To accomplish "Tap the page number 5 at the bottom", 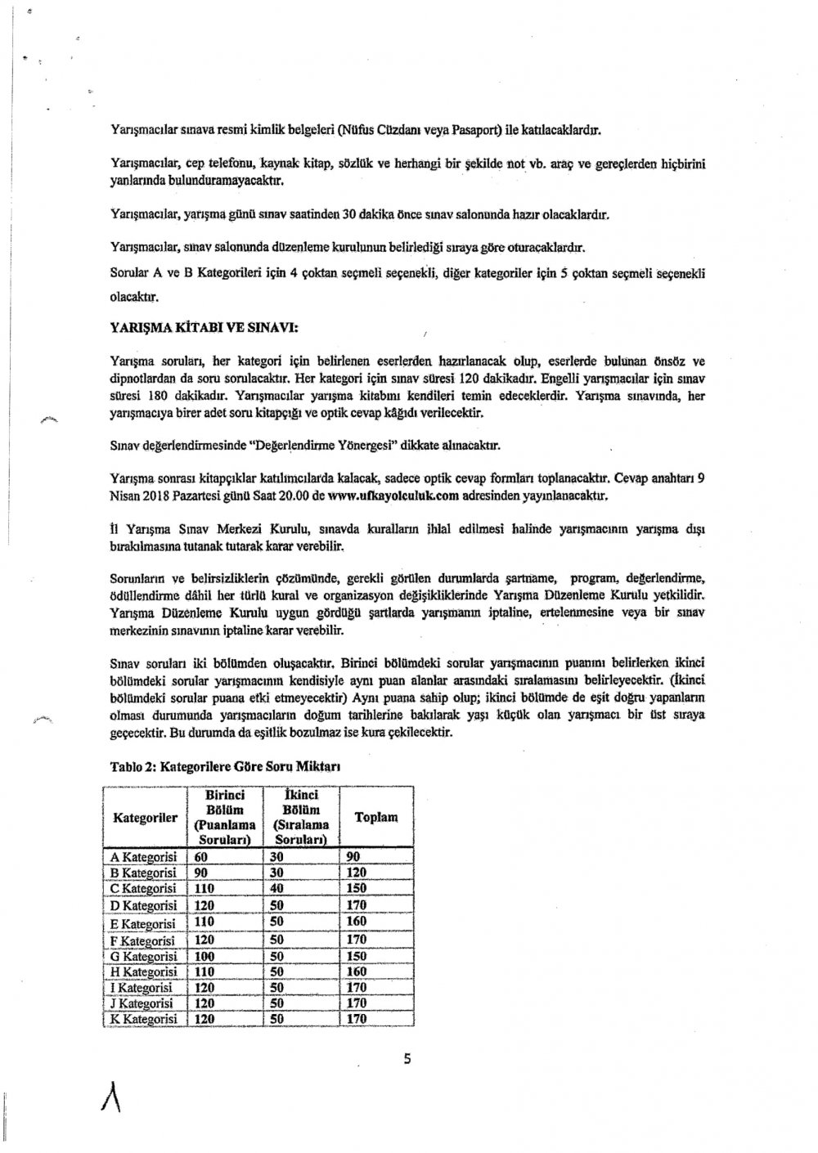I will [x=407, y=1061].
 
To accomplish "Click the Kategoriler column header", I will [x=144, y=817].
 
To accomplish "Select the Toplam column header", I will [x=375, y=817].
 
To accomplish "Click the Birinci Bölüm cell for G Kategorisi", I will [x=204, y=956].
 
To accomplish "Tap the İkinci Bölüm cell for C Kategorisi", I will [x=281, y=889].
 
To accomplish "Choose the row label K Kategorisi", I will [x=143, y=1019].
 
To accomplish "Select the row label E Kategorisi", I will [x=143, y=922].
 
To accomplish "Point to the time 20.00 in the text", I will [x=292, y=496].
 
